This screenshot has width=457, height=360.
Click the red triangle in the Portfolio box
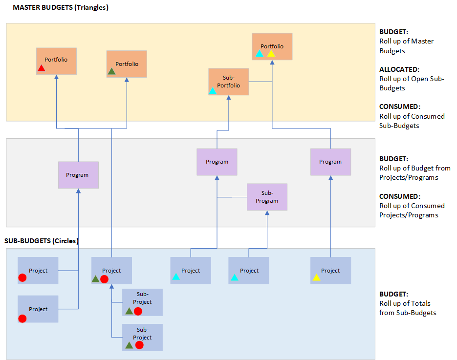[42, 68]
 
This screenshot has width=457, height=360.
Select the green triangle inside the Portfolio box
[111, 72]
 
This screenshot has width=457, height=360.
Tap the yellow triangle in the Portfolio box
[271, 53]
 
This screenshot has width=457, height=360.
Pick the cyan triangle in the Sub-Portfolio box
[213, 91]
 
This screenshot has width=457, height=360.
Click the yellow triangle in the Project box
[316, 278]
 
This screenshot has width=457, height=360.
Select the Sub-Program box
[267, 197]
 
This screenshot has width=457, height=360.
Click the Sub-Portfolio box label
[228, 82]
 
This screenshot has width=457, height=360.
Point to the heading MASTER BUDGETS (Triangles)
[61, 8]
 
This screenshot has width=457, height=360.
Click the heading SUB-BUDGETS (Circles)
[42, 241]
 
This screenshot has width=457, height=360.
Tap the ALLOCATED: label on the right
[399, 69]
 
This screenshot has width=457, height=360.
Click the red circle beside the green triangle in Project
[104, 279]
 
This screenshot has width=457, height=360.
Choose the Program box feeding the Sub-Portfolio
[217, 162]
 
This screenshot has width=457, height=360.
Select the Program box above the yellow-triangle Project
[330, 162]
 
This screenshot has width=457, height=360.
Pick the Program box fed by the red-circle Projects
[78, 175]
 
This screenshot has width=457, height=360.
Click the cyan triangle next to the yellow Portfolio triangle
[260, 53]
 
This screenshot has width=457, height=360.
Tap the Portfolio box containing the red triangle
[56, 61]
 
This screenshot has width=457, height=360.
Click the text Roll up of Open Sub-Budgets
[412, 84]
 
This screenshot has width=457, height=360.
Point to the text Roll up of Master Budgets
[406, 46]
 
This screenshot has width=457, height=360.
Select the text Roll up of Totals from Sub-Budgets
[408, 308]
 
